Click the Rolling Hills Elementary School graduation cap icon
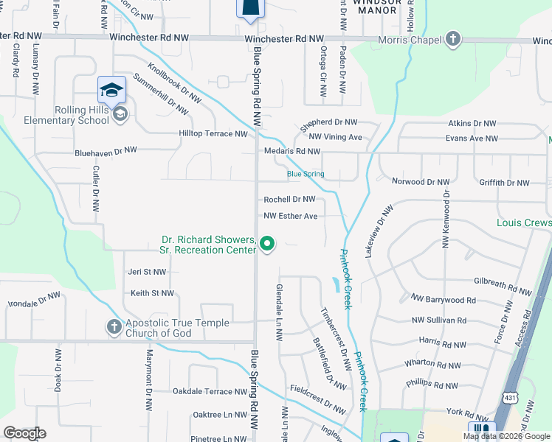pos(111,90)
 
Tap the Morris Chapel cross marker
pos(452,38)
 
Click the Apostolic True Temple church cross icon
pos(114,326)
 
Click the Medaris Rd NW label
pos(292,151)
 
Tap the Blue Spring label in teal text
pos(306,175)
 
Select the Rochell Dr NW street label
pos(289,200)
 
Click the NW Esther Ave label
pos(291,216)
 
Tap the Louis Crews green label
pos(524,223)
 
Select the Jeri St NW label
pos(148,272)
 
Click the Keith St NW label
pos(151,293)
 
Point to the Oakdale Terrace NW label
pos(201,392)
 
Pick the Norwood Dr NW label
pos(421,181)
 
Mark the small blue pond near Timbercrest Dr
pos(336,283)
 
